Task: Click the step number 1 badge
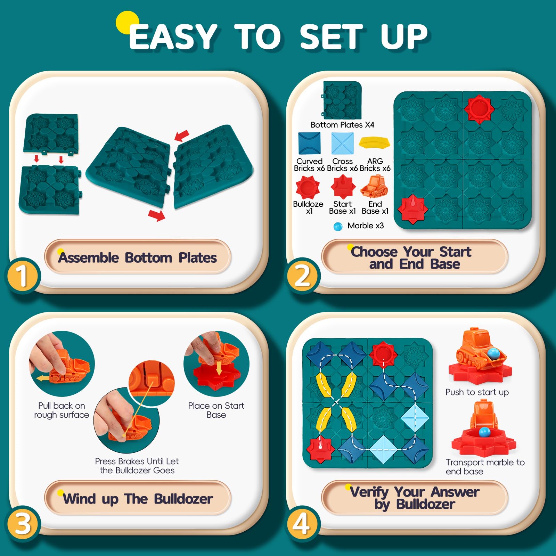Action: click(x=23, y=276)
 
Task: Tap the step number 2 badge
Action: click(x=302, y=276)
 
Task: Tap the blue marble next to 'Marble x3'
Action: click(x=338, y=227)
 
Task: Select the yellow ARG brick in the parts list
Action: click(x=374, y=142)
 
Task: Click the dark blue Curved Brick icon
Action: click(x=309, y=143)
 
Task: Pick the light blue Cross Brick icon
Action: click(x=342, y=143)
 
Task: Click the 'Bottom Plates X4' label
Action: click(x=342, y=125)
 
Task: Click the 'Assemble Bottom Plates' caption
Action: click(x=138, y=258)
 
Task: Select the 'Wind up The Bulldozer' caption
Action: click(x=138, y=499)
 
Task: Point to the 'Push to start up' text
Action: click(x=477, y=392)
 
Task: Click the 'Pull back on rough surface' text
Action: click(x=62, y=410)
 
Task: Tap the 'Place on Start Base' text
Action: click(x=216, y=410)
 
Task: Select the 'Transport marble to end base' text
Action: click(x=485, y=467)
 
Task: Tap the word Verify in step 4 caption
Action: click(x=369, y=492)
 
